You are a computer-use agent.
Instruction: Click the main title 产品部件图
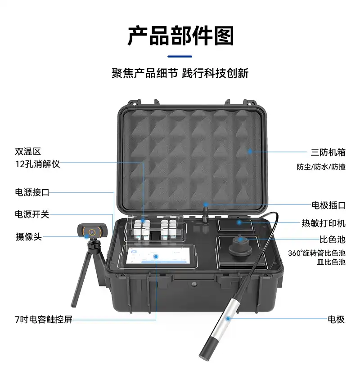pyautogui.click(x=180, y=36)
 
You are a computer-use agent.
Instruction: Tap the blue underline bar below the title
pyautogui.click(x=180, y=57)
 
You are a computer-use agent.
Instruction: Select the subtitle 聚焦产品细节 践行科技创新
pyautogui.click(x=180, y=73)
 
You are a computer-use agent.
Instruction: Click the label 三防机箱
pyautogui.click(x=328, y=152)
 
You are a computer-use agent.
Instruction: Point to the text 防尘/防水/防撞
pyautogui.click(x=321, y=167)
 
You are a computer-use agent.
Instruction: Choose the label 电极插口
pyautogui.click(x=328, y=205)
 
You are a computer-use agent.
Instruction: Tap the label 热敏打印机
pyautogui.click(x=324, y=223)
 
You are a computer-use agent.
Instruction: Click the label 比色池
pyautogui.click(x=333, y=240)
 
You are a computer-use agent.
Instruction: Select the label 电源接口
pyautogui.click(x=32, y=192)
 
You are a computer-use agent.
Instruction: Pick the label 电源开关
pyautogui.click(x=32, y=214)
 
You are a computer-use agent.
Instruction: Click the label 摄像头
pyautogui.click(x=29, y=237)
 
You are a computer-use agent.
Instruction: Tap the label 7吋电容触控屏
pyautogui.click(x=44, y=320)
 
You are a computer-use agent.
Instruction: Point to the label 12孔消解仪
pyautogui.click(x=37, y=164)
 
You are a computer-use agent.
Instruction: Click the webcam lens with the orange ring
pyautogui.click(x=92, y=232)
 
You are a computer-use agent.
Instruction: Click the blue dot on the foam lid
pyautogui.click(x=250, y=151)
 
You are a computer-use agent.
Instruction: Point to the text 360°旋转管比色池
pyautogui.click(x=316, y=253)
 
